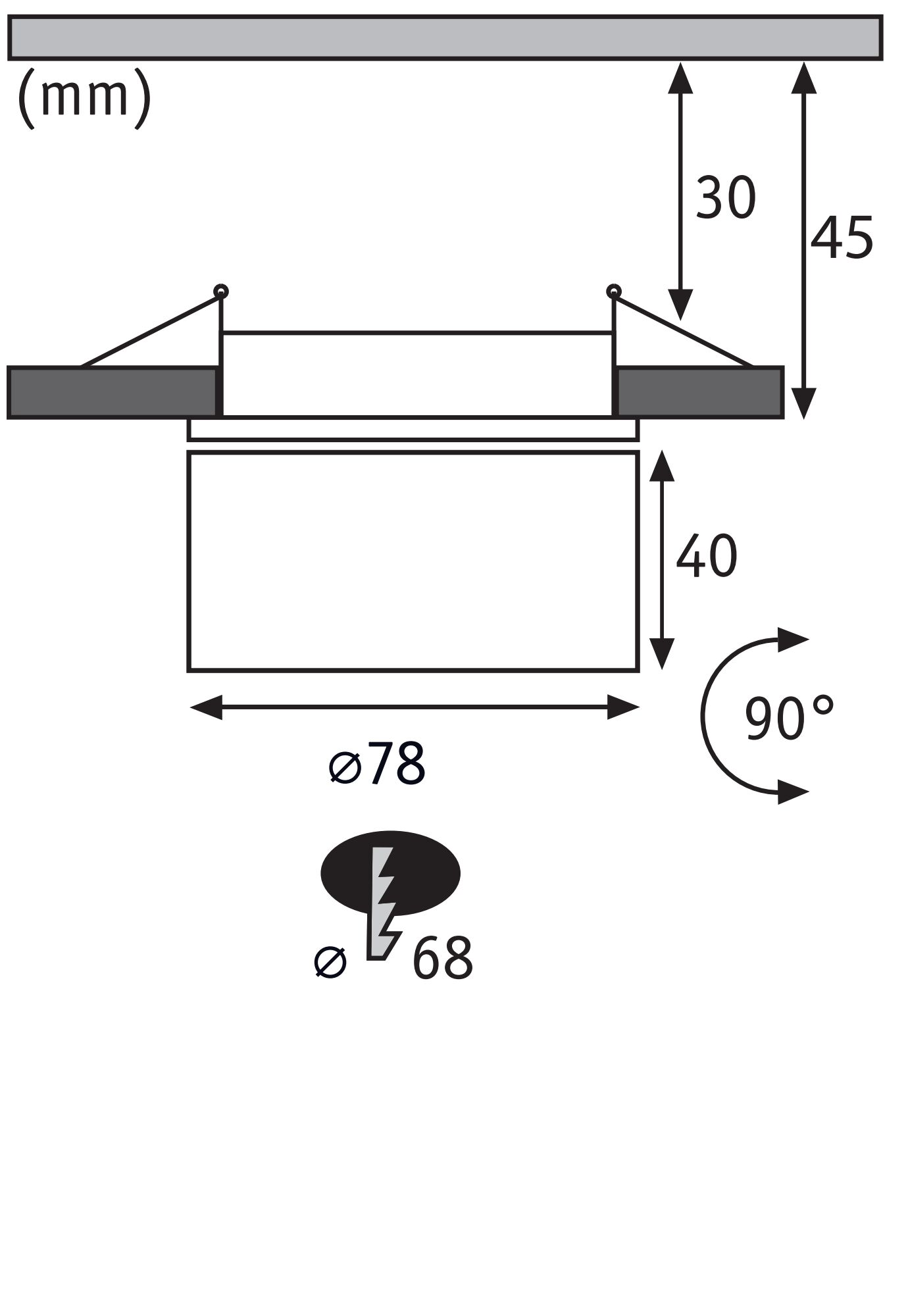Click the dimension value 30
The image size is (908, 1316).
(x=725, y=198)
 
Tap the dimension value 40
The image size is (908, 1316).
(x=706, y=557)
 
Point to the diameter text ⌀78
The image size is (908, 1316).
(x=378, y=764)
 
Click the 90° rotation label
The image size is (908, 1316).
(x=788, y=719)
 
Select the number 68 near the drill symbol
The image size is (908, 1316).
(x=441, y=959)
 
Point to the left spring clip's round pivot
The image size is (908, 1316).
(x=221, y=291)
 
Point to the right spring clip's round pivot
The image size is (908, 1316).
(x=613, y=291)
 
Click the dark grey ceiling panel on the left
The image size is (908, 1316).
(x=112, y=393)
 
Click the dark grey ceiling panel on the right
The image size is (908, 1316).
(x=699, y=393)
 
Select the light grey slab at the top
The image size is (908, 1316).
(x=445, y=38)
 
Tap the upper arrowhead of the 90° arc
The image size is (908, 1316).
(x=793, y=639)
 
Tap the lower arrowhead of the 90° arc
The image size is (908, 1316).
(x=793, y=792)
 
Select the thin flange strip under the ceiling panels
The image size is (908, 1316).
(x=413, y=429)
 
